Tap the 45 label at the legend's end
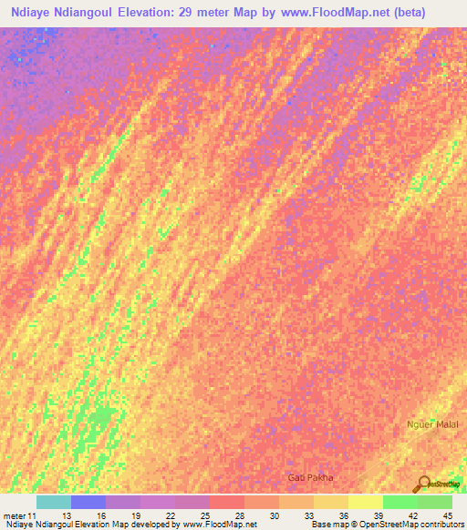click(447, 515)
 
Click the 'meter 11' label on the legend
click(20, 515)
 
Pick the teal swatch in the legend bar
click(54, 502)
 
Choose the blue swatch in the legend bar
click(88, 502)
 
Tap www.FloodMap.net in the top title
click(340, 14)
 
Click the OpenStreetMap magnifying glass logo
click(423, 484)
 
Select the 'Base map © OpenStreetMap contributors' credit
click(386, 525)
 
